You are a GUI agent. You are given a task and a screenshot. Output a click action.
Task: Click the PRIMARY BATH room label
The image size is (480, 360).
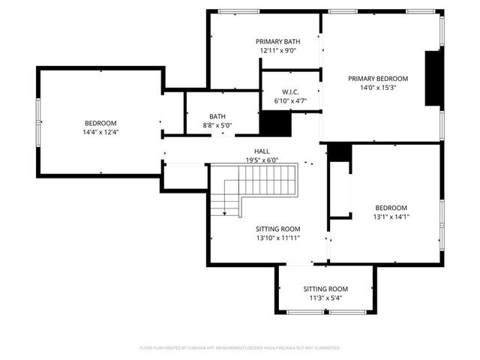(278, 41)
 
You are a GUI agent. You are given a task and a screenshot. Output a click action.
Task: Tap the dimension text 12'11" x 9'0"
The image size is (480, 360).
(278, 51)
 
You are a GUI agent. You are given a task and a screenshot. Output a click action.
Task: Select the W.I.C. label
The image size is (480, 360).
(290, 91)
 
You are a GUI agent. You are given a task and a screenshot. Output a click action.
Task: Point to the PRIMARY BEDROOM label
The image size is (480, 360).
(377, 78)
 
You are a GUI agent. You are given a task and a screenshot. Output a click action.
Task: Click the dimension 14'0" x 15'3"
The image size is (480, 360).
(377, 88)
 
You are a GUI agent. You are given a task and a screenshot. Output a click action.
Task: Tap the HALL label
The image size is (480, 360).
(262, 150)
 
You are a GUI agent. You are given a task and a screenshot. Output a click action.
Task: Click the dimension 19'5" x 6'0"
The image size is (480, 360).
(262, 160)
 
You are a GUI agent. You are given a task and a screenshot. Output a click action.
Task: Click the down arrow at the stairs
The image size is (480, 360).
(223, 214)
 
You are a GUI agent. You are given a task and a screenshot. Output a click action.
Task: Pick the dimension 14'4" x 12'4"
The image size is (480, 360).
(100, 132)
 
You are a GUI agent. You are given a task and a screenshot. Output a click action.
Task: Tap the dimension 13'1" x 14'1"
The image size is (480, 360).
(391, 217)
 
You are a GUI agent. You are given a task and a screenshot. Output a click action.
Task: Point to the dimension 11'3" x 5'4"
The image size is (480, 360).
(325, 298)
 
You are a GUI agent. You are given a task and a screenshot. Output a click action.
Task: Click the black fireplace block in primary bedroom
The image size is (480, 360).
(433, 79)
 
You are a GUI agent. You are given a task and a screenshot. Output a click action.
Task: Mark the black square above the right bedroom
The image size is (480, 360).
(340, 151)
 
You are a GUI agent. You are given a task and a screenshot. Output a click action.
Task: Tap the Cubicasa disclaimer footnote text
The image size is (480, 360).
(240, 348)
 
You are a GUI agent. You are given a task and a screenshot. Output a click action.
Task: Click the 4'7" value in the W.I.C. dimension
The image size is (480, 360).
(299, 100)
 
